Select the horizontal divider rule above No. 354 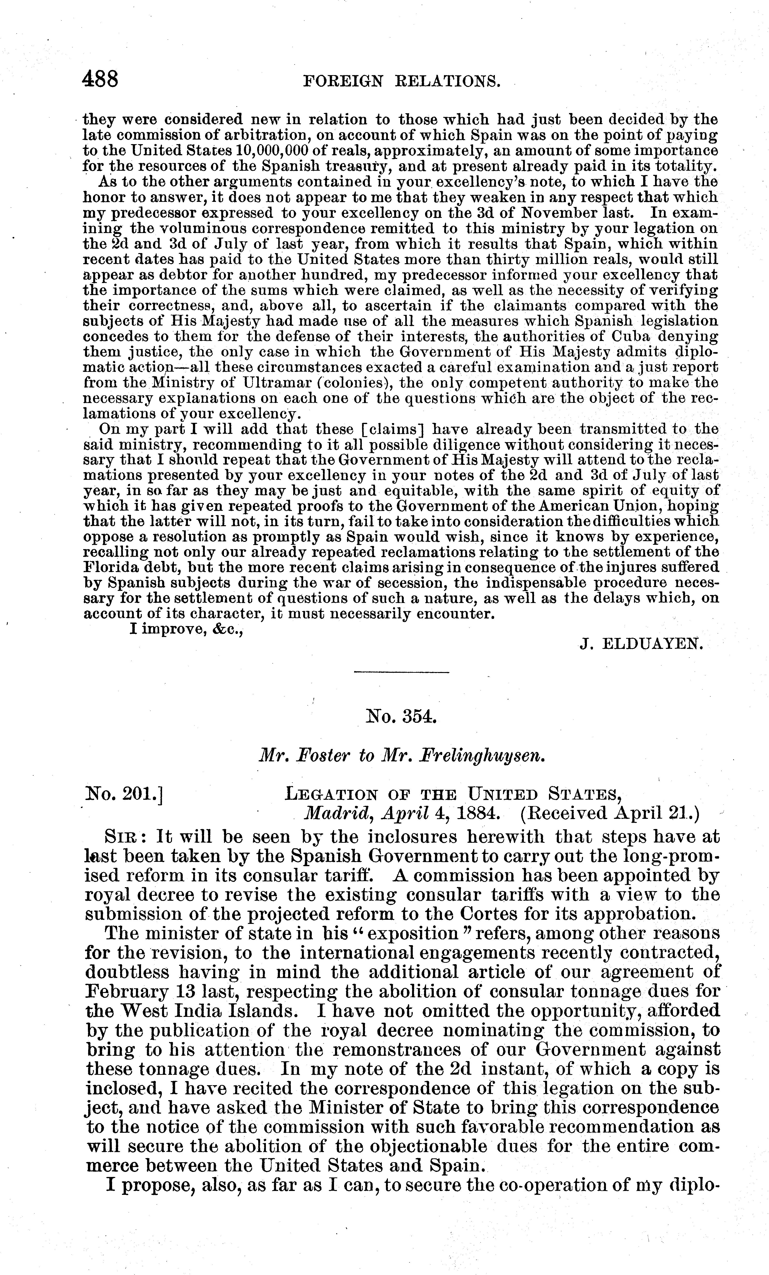point(401,672)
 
